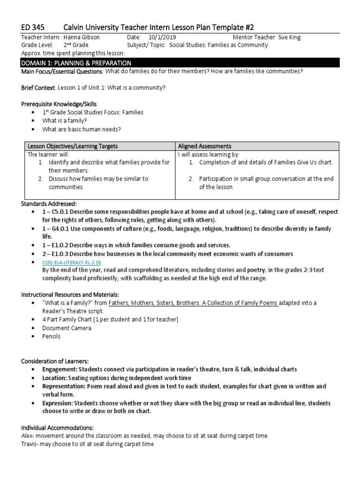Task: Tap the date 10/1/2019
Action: [x=161, y=37]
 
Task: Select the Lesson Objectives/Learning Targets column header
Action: [x=73, y=146]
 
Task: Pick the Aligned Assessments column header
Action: [x=205, y=146]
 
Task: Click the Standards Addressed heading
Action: [x=49, y=203]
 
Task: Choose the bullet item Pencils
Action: [x=51, y=337]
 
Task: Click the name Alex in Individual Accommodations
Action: [x=28, y=435]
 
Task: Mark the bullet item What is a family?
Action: [x=65, y=121]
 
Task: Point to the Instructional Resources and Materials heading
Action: [x=70, y=294]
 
